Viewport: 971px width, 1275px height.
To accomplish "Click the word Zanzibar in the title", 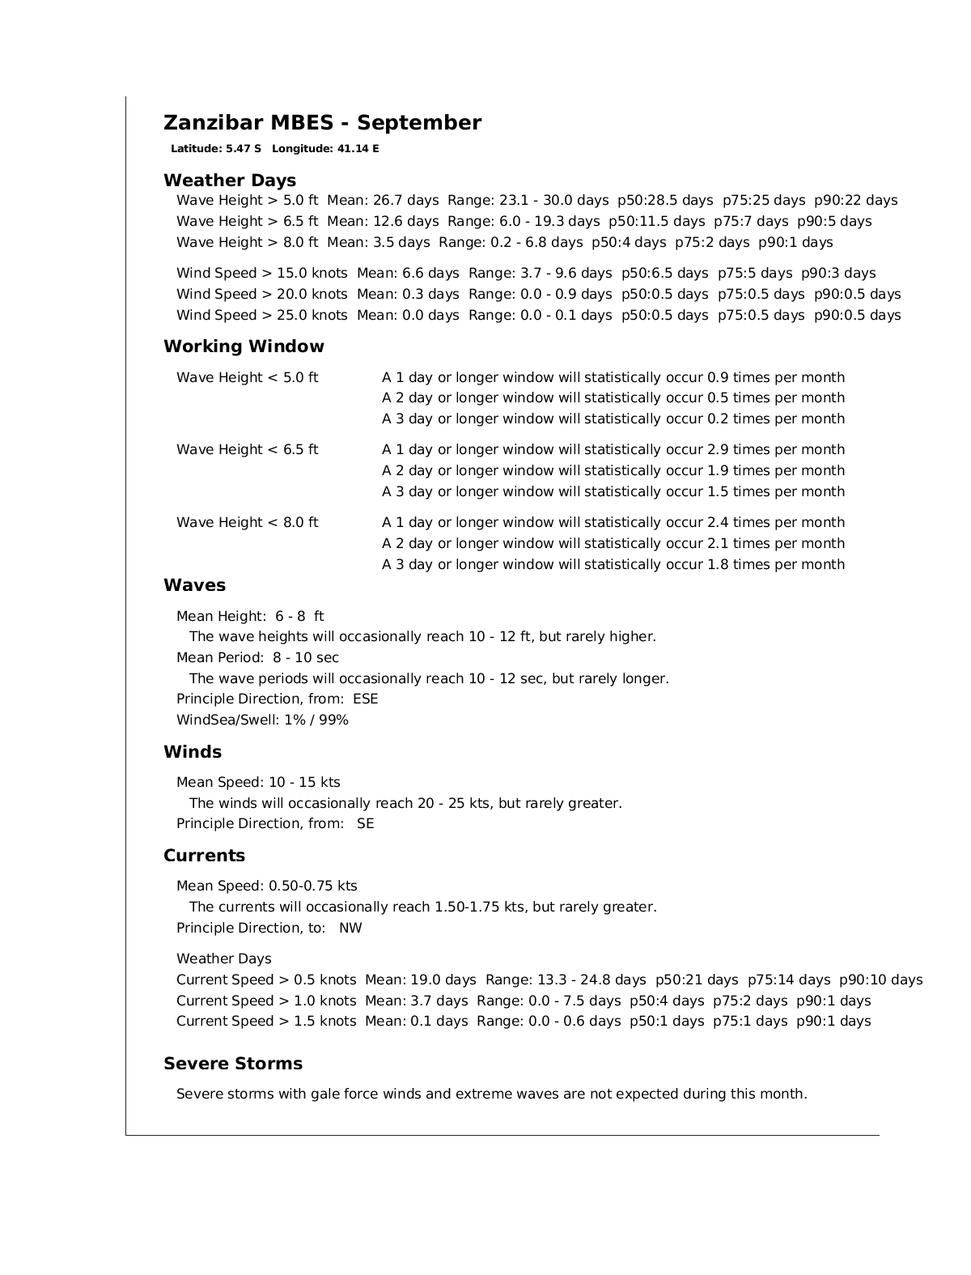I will pos(207,123).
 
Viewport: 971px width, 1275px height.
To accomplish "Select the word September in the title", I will pos(419,123).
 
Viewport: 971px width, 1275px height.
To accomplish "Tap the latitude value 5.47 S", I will pos(244,149).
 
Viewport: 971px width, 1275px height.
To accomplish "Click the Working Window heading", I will pos(244,346).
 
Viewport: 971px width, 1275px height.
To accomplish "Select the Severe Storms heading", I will pos(233,1064).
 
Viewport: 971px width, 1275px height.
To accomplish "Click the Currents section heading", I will pos(204,856).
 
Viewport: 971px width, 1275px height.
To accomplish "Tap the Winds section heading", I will pos(193,752).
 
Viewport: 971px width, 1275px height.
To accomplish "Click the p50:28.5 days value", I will pos(665,201).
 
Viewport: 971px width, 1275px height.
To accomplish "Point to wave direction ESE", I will pos(366,699).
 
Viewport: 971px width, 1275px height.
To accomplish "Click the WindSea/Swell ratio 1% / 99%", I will pos(316,720).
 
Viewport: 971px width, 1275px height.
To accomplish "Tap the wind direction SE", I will pos(366,824).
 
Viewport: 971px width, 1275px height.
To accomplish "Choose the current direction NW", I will pos(350,929).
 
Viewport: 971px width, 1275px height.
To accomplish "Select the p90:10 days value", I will pos(880,980).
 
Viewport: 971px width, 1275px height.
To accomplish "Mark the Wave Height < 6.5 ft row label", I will pos(248,450).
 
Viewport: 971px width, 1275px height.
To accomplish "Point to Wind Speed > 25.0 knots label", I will pos(262,316).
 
